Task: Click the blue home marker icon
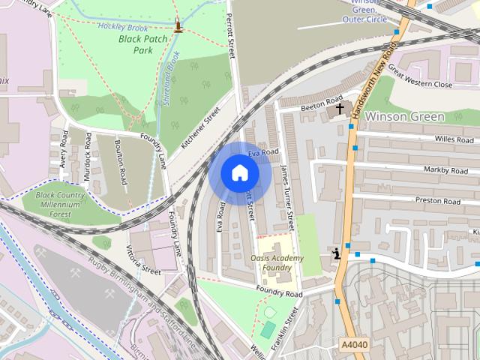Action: coord(239,172)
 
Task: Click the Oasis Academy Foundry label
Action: coord(277,262)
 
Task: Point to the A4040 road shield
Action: coord(354,344)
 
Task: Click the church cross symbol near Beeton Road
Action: coord(340,109)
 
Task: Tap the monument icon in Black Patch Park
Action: coord(178,26)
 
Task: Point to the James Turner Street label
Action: coord(286,199)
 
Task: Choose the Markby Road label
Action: coord(446,170)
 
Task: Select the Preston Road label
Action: coord(437,201)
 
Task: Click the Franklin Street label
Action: coord(285,329)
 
